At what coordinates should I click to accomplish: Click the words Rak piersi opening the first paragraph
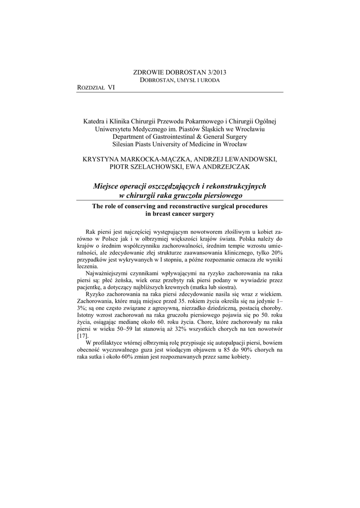(98, 232)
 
